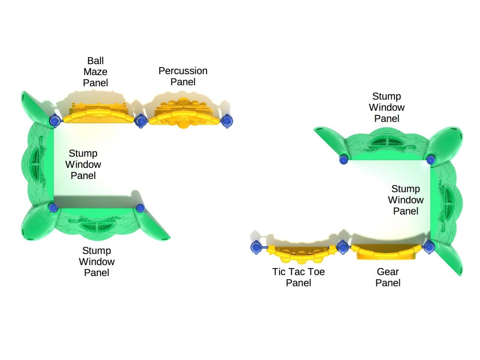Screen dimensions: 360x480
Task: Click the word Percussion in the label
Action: point(183,71)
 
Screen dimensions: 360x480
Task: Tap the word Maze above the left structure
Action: point(95,72)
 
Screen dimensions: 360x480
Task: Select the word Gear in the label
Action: point(388,272)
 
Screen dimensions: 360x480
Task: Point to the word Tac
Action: point(298,272)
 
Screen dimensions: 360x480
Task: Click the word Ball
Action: point(95,61)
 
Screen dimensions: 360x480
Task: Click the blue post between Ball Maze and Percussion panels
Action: point(141,121)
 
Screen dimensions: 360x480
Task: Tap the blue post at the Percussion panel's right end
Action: point(227,121)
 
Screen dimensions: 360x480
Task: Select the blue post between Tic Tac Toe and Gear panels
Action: point(342,247)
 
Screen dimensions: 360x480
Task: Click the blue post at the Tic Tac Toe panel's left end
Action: point(256,247)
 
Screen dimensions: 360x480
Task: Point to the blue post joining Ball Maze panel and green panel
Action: point(54,121)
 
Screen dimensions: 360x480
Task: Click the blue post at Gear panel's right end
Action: point(429,247)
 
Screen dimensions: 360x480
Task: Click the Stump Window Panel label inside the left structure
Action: point(83,164)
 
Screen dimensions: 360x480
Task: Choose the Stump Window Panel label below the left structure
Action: point(97,261)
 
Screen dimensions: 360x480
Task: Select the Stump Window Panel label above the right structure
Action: point(387,107)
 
